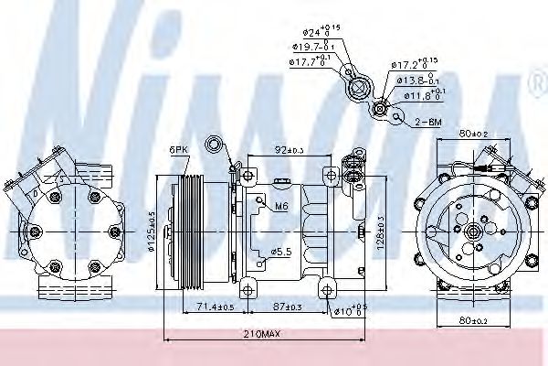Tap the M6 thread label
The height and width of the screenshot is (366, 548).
pyautogui.click(x=283, y=206)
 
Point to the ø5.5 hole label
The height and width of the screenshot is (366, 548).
pyautogui.click(x=281, y=251)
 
